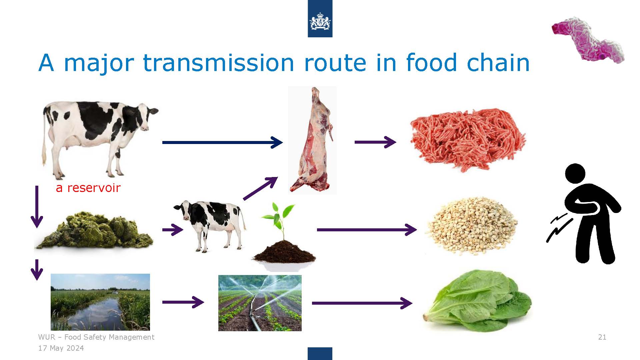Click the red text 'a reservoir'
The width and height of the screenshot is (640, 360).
[x=88, y=188]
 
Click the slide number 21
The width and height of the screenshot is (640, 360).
[x=602, y=337]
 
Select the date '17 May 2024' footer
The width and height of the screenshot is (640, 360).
[x=61, y=348]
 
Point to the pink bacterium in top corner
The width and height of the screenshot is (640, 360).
[x=588, y=40]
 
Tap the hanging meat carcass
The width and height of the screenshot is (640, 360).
[x=312, y=140]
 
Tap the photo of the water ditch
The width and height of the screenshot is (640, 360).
[x=100, y=302]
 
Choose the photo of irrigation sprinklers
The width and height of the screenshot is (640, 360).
[x=260, y=303]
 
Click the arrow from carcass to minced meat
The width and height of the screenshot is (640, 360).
[x=375, y=142]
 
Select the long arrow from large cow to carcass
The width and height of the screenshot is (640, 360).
[x=222, y=142]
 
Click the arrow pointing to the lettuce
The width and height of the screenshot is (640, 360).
[x=362, y=303]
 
